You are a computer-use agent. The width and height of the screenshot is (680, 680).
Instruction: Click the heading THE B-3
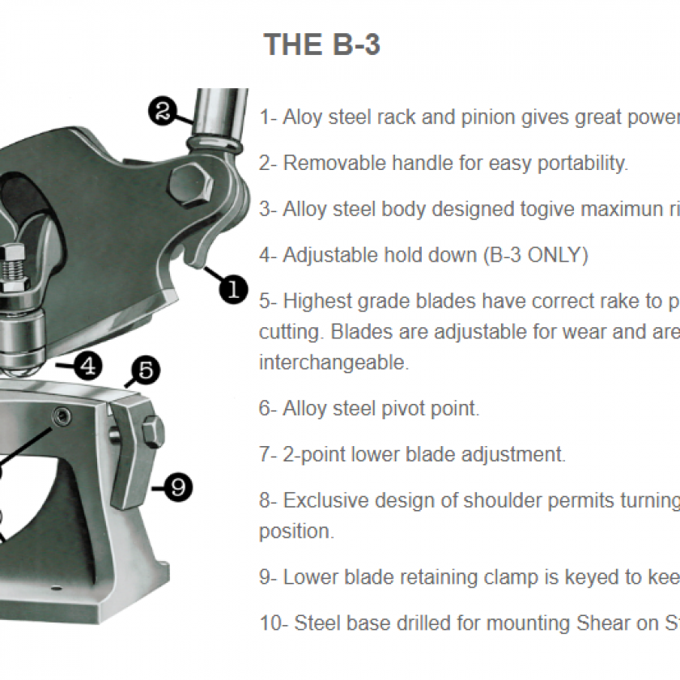(322, 45)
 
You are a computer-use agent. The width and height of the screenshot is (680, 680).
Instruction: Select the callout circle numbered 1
(233, 287)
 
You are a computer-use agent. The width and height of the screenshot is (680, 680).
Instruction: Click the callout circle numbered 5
(145, 372)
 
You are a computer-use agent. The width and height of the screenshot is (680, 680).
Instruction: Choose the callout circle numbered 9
(178, 487)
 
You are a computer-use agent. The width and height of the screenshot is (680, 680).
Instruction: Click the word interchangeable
(334, 363)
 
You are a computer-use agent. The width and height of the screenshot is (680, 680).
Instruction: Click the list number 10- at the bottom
(273, 623)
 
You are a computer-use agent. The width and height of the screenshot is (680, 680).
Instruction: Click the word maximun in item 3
(604, 209)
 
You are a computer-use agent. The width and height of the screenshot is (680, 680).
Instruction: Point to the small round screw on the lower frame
(60, 416)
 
